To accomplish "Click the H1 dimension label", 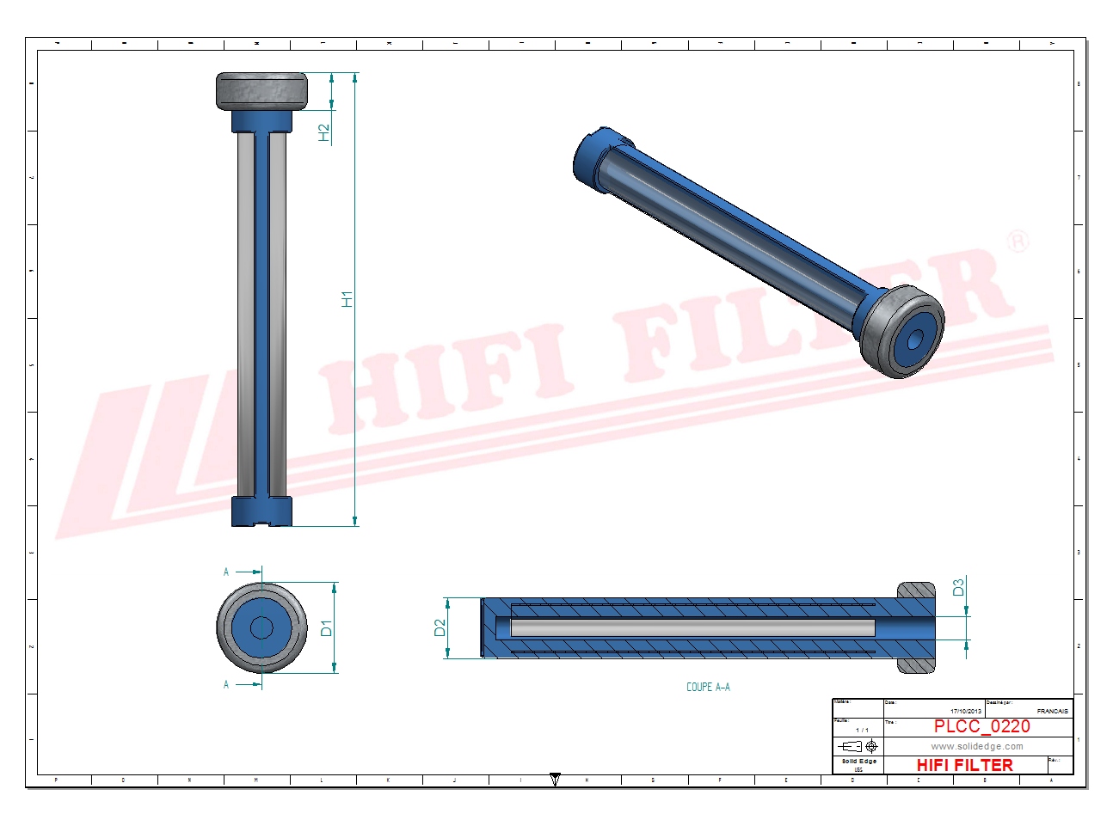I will point(347,299).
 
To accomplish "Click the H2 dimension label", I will point(324,132).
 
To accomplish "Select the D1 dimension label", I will point(326,628).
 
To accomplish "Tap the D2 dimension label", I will point(440,628).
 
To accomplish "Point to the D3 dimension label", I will point(958,587).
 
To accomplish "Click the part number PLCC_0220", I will point(981,726).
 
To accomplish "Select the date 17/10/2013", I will point(965,711).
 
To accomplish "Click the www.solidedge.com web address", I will point(976,746).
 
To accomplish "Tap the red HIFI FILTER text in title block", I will point(964,765).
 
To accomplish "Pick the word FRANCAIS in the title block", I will point(1052,711).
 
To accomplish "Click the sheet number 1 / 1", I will point(861,730).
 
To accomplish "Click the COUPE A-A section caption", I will point(708,687).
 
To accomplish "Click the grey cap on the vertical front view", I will point(261,90).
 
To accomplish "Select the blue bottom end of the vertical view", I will point(261,511).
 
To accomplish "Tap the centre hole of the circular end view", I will point(261,627).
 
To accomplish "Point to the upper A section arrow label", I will point(226,572).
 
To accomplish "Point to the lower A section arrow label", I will point(226,685).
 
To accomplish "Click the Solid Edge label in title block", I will point(858,762).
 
